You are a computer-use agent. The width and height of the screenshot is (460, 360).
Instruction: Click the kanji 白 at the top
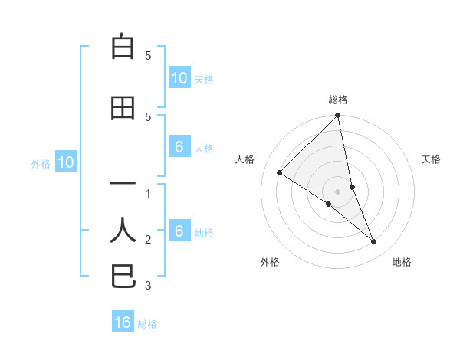tap(123, 47)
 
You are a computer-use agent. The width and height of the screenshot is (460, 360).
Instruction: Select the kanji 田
tap(123, 108)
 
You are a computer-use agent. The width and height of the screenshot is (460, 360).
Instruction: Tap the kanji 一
tap(123, 184)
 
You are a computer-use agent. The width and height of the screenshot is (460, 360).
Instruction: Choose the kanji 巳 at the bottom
tap(123, 276)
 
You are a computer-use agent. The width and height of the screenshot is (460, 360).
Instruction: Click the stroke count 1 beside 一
tap(148, 194)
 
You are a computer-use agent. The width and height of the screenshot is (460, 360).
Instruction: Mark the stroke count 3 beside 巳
tap(148, 286)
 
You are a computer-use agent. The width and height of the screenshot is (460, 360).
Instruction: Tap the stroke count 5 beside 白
tap(148, 56)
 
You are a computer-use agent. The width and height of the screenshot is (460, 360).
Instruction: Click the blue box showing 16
tap(123, 322)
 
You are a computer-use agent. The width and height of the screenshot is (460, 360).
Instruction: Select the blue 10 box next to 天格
tap(179, 78)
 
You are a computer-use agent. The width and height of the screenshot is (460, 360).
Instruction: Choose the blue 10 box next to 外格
tap(65, 162)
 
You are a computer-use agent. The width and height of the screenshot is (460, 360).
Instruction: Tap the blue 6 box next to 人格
tap(179, 147)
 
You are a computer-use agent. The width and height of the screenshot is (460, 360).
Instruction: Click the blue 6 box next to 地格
tap(179, 231)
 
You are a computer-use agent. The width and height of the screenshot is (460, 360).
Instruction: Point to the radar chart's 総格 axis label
tap(338, 100)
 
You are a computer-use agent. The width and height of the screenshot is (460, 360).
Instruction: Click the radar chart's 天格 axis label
tap(432, 159)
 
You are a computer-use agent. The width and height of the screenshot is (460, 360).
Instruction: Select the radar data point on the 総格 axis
tap(338, 116)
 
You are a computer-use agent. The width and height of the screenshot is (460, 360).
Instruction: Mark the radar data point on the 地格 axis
tap(374, 242)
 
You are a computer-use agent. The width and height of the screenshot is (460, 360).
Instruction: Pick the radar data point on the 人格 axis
tap(280, 172)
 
